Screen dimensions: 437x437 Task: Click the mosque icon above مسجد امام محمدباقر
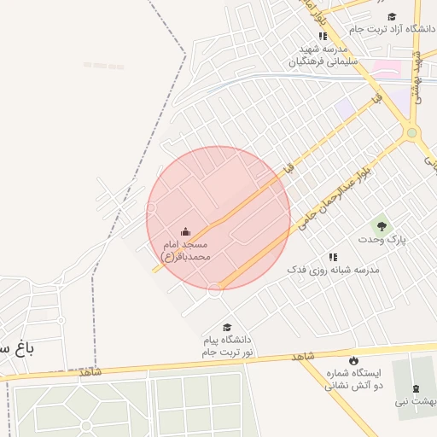(x=185, y=232)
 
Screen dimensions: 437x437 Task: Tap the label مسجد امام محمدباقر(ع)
(x=187, y=250)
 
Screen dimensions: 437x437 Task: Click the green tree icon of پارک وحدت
(x=382, y=226)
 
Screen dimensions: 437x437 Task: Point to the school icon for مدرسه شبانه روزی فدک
(x=333, y=257)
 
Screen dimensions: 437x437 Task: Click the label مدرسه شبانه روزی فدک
(x=333, y=270)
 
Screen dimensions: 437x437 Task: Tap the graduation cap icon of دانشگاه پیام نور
(x=227, y=327)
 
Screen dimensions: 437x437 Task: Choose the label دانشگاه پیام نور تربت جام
(x=228, y=346)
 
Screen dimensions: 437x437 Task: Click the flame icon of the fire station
(x=353, y=360)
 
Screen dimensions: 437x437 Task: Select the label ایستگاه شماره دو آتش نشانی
(x=352, y=379)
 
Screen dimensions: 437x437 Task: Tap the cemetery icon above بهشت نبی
(x=416, y=388)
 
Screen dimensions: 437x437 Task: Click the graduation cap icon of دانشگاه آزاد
(x=392, y=16)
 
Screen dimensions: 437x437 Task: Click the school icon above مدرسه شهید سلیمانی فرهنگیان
(x=323, y=36)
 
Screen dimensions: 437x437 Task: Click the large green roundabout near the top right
(x=413, y=132)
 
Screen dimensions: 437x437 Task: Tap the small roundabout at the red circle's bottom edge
(x=214, y=290)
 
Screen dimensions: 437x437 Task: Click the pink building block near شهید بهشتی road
(x=387, y=69)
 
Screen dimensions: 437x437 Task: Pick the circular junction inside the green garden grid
(x=85, y=425)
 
